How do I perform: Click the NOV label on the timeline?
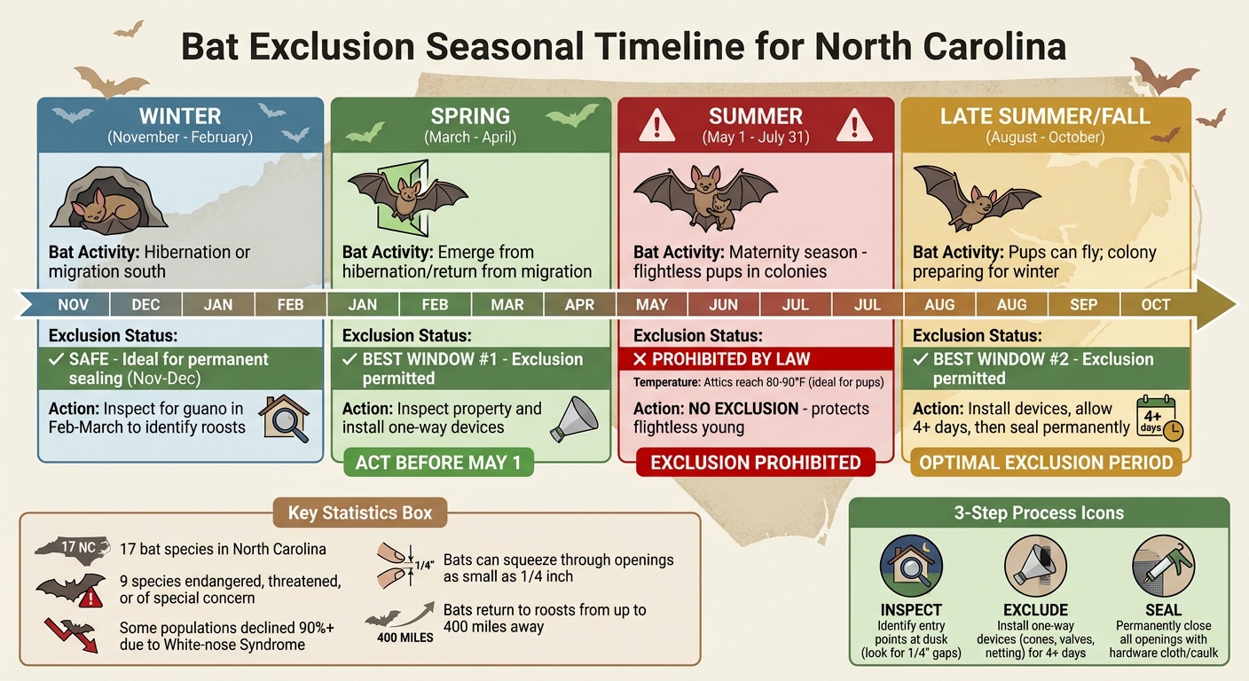click(73, 305)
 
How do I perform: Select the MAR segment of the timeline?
click(507, 305)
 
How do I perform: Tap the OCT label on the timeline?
click(1155, 305)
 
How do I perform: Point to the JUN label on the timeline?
click(724, 305)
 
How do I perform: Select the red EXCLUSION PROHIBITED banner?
click(756, 462)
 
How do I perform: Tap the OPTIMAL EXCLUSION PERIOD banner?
click(1046, 462)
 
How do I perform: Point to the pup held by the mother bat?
click(723, 213)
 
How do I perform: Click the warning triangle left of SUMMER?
click(656, 125)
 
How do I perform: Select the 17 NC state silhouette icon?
click(75, 547)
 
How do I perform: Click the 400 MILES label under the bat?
click(405, 638)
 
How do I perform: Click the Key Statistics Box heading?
click(360, 513)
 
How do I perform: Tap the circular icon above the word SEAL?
click(1163, 565)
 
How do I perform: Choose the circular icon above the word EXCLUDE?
click(1034, 565)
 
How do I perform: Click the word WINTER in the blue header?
click(180, 116)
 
